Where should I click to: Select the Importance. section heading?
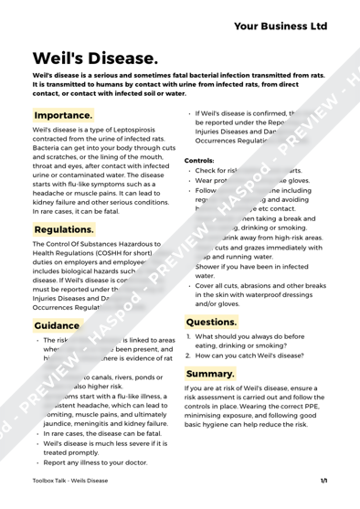pyautogui.click(x=63, y=116)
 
